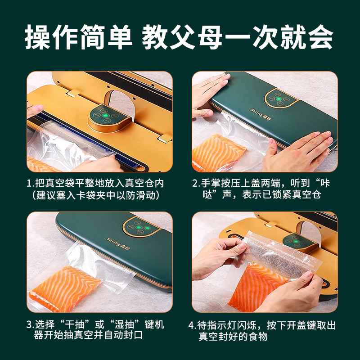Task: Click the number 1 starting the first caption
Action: pyautogui.click(x=29, y=184)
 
